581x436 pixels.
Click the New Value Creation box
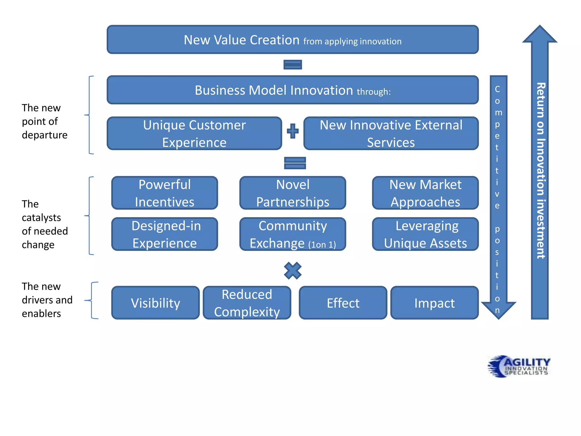coord(292,39)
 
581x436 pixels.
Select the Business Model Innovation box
coord(292,90)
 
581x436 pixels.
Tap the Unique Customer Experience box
coord(194,133)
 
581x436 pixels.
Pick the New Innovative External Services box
coord(391,133)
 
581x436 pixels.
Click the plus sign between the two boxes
coord(292,131)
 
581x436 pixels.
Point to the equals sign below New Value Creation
coord(292,64)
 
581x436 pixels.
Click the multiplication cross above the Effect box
coord(292,271)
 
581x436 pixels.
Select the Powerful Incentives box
coord(165,193)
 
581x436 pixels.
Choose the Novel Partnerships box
coord(292,193)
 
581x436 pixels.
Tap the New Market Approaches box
coord(425,193)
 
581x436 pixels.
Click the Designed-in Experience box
coord(165,234)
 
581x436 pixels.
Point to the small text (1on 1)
coord(322,244)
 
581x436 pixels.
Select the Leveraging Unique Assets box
coord(425,234)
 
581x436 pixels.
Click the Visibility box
coord(155,303)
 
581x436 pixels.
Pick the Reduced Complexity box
coord(247,303)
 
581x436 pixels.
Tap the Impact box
coord(434,303)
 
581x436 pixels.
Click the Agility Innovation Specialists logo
coord(519,366)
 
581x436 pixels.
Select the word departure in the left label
coord(45,135)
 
